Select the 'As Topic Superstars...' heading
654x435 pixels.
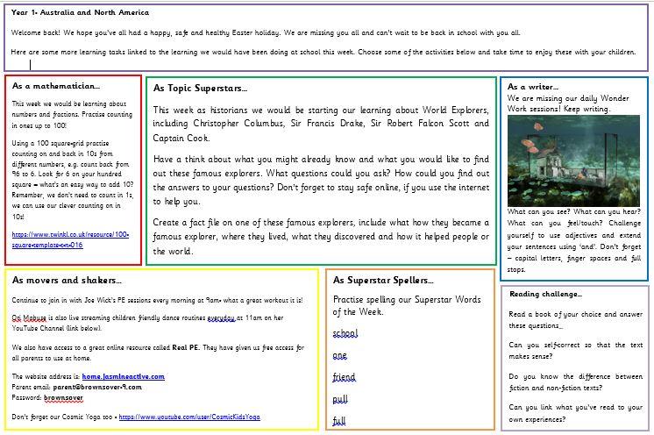click(x=200, y=89)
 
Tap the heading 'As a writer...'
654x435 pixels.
click(x=534, y=88)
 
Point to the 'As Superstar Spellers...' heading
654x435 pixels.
click(x=383, y=281)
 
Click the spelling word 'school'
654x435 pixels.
click(x=345, y=334)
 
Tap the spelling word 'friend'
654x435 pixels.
click(x=345, y=377)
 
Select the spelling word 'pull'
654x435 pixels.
click(x=340, y=399)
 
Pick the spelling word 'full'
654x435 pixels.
click(x=339, y=421)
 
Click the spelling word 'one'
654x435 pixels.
click(x=340, y=355)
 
